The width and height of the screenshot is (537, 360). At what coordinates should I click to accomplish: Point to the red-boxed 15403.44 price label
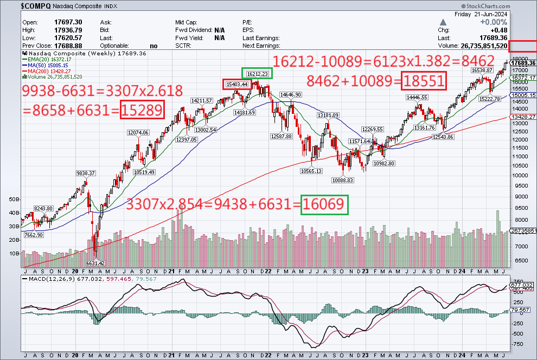point(237,84)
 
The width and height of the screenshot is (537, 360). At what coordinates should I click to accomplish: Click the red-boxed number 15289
point(142,110)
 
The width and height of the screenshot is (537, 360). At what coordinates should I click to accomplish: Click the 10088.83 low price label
point(342,181)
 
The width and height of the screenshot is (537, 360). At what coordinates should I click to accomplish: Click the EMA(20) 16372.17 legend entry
point(52,60)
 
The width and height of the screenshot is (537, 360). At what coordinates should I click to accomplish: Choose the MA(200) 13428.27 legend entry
point(52,72)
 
